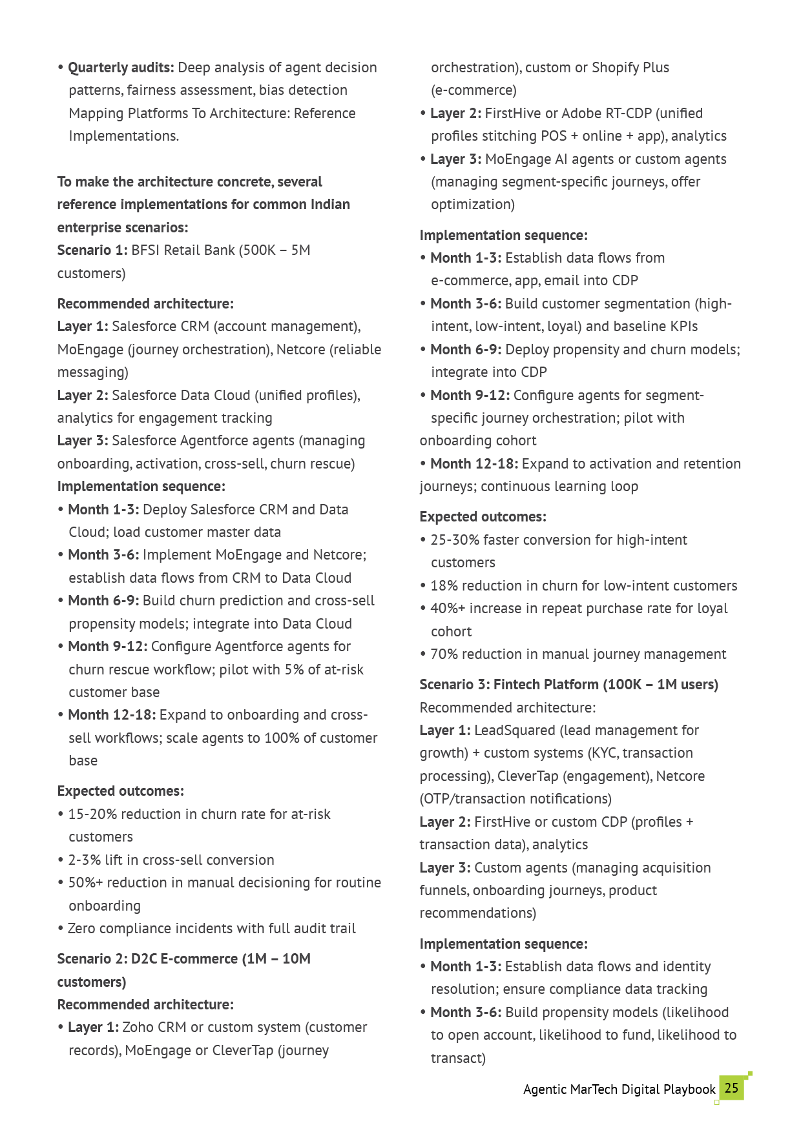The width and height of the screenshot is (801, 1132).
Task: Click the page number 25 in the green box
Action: pyautogui.click(x=731, y=1087)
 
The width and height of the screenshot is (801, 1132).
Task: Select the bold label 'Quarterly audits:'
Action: pyautogui.click(x=121, y=68)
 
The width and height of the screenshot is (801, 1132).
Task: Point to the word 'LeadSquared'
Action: pyautogui.click(x=514, y=730)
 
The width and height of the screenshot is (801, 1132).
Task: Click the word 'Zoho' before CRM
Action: pyautogui.click(x=138, y=1027)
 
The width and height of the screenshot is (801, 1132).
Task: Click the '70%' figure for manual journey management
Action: pyautogui.click(x=444, y=654)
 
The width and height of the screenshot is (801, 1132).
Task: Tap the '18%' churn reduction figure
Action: pyautogui.click(x=444, y=585)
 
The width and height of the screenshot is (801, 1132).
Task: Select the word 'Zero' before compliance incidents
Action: pyautogui.click(x=81, y=928)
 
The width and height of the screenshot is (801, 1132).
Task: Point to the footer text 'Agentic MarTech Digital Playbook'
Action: pyautogui.click(x=619, y=1089)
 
